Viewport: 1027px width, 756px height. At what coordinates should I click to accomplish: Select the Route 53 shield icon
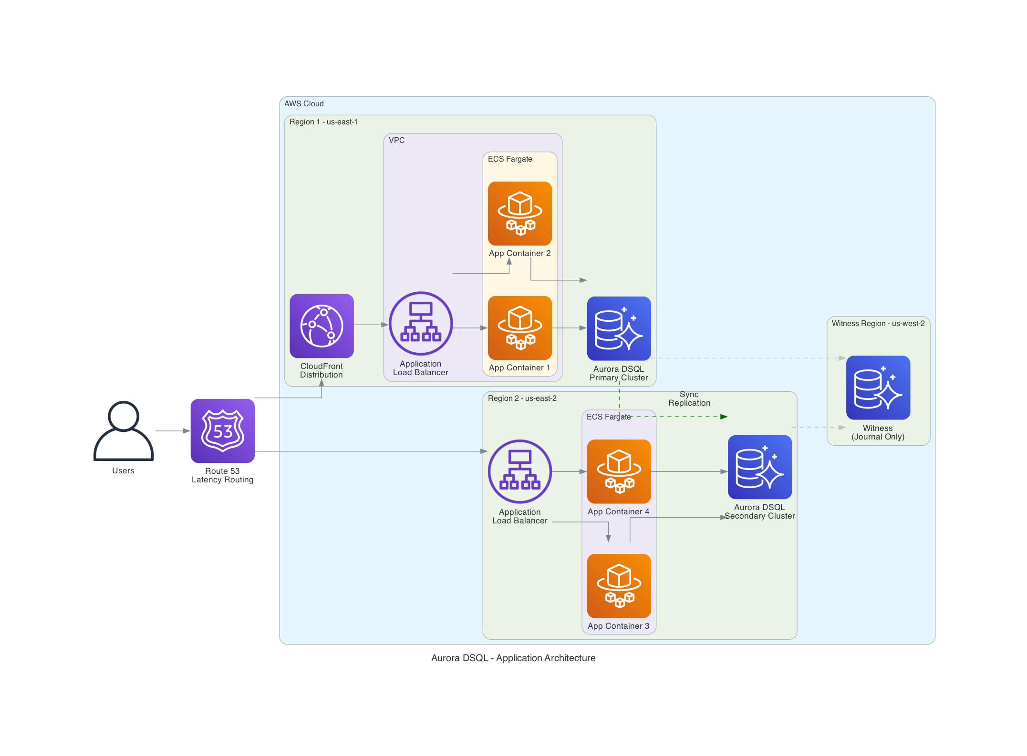point(223,430)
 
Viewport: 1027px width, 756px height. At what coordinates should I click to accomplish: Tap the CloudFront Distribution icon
point(322,326)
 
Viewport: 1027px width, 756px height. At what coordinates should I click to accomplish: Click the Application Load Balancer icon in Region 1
point(421,323)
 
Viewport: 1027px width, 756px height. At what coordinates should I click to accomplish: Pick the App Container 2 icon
point(519,213)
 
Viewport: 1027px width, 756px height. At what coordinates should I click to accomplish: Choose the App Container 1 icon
point(519,327)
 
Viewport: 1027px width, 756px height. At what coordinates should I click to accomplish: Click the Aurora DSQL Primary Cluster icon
point(619,328)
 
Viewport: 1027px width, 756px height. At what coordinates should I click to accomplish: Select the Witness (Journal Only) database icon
point(878,387)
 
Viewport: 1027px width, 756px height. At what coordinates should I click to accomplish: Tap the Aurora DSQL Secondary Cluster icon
point(759,467)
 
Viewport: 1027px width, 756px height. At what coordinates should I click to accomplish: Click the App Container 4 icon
point(619,471)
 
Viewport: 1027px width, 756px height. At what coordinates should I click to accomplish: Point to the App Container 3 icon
point(619,585)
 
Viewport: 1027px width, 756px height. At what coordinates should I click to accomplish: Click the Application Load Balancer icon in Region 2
point(519,471)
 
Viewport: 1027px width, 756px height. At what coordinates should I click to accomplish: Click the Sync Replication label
point(689,398)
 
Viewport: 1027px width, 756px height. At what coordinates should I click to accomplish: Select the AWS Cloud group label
point(304,103)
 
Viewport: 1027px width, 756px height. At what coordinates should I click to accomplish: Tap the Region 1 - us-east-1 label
point(323,122)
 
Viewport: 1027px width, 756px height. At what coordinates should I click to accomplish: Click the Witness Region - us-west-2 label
point(878,323)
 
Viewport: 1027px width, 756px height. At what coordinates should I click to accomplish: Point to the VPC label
point(396,140)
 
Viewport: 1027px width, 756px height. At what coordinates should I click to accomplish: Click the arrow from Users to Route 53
point(172,431)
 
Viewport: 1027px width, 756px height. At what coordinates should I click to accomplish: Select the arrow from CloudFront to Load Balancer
point(371,325)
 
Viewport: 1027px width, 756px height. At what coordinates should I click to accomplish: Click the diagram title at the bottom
point(513,658)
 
